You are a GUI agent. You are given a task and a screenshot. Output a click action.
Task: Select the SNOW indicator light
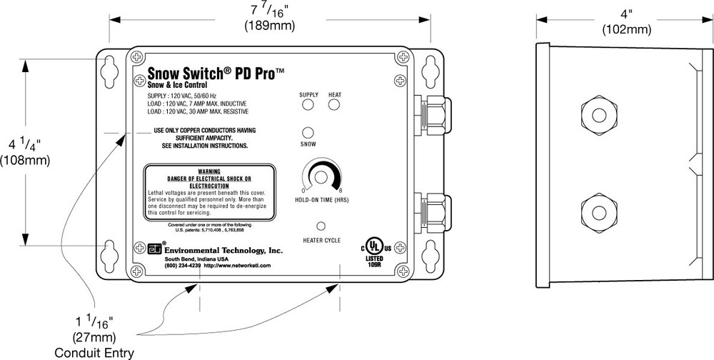[308, 133]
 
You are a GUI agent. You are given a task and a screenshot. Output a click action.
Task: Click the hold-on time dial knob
[321, 177]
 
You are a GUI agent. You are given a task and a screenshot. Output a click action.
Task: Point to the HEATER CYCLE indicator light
[321, 226]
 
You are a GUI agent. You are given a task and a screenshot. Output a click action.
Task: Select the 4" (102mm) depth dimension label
[626, 21]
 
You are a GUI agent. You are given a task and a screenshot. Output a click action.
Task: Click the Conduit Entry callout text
[94, 352]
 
